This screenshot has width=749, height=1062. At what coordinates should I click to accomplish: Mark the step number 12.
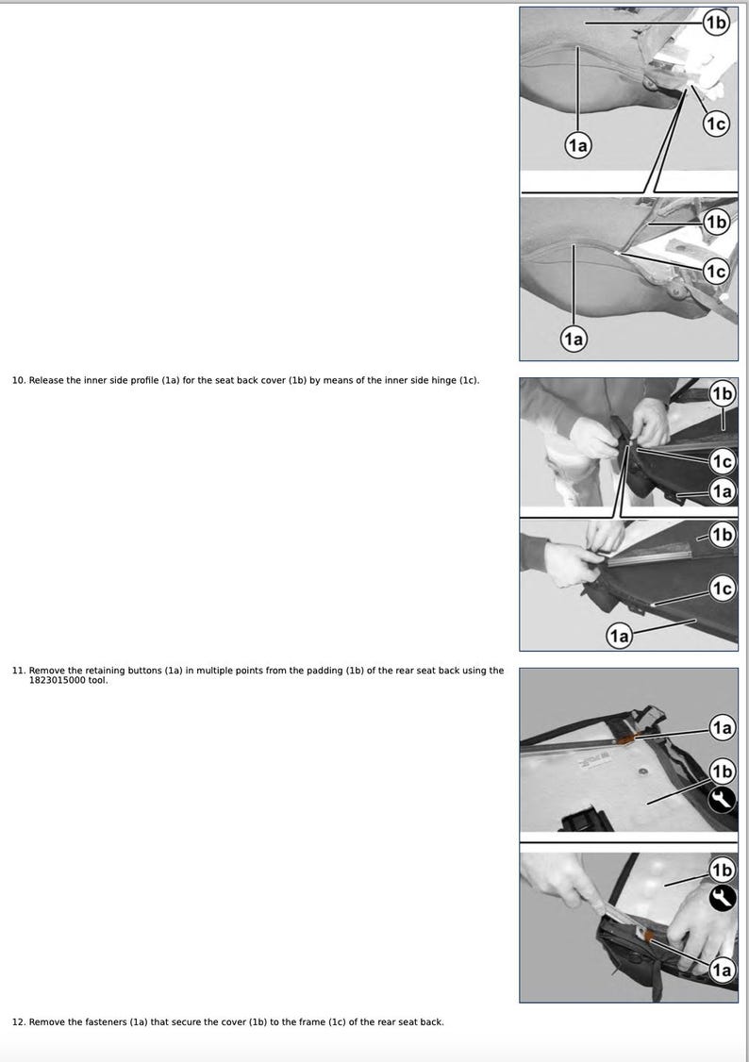coord(18,1022)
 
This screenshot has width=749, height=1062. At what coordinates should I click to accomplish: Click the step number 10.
coord(18,380)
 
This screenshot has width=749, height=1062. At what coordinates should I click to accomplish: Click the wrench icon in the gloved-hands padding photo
coord(722,899)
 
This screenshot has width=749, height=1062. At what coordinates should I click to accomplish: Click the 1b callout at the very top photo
coord(717,22)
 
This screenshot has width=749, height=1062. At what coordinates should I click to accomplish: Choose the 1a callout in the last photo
coord(722,970)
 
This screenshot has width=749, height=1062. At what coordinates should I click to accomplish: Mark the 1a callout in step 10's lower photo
coord(619,637)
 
